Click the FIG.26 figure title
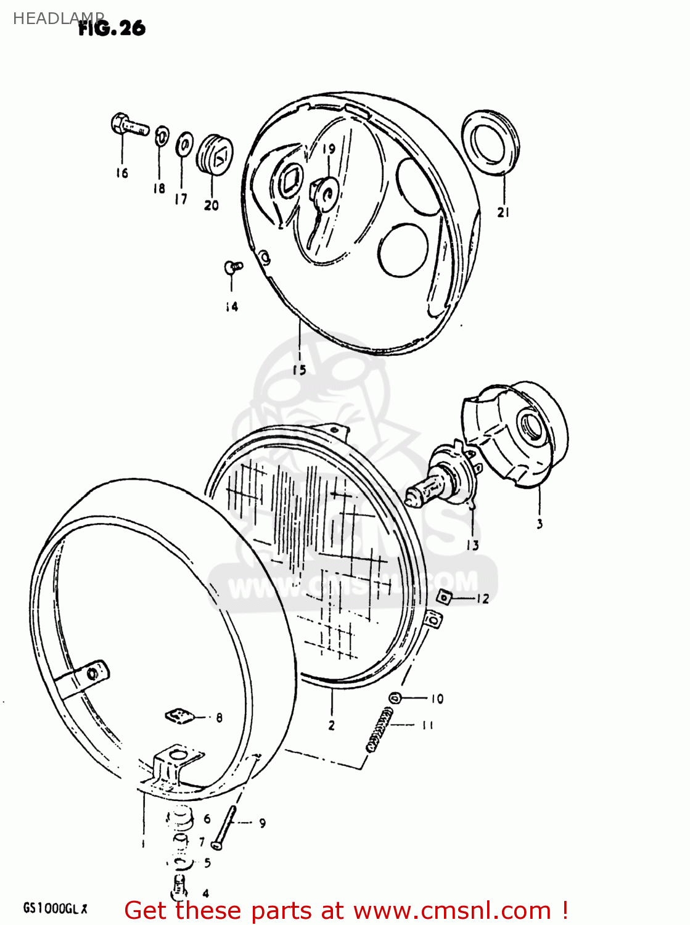(112, 28)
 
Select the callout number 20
(211, 205)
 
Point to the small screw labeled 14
(232, 266)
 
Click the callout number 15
(299, 370)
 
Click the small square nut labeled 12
(444, 597)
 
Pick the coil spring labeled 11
(380, 731)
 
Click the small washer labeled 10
(395, 698)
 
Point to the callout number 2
(331, 725)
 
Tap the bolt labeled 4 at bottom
(177, 889)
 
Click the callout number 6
(207, 819)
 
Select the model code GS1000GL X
(55, 908)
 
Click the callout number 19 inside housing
(329, 149)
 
